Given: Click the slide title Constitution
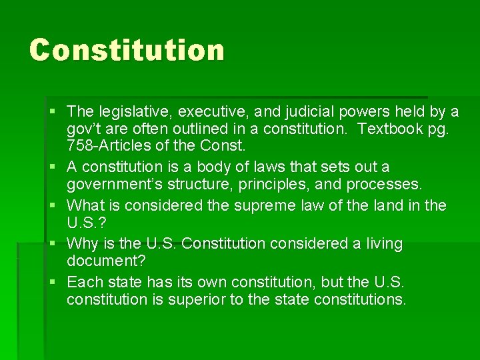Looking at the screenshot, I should (x=127, y=50).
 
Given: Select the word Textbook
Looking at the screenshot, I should (x=390, y=128).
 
